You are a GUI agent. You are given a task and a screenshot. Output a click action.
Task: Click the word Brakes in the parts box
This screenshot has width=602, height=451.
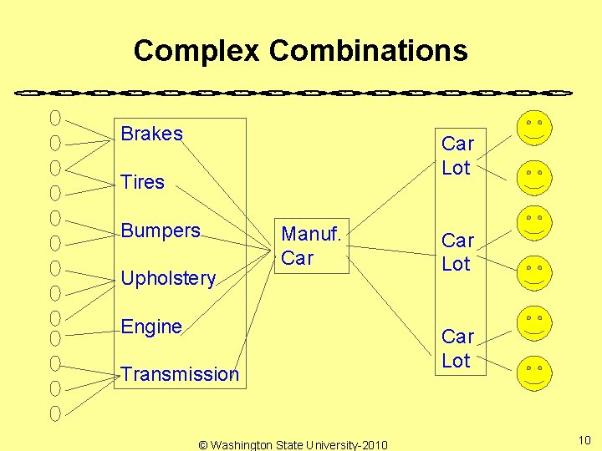point(151,134)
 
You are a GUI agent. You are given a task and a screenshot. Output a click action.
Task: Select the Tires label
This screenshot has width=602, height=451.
point(143,182)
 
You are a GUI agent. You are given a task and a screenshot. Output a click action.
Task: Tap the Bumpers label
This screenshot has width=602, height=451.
point(161,231)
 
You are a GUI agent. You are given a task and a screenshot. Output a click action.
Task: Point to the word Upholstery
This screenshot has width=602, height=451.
point(168,278)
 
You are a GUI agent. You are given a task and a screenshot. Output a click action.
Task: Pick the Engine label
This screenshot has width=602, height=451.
point(151,327)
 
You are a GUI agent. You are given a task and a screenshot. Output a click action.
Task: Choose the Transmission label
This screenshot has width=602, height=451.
point(180,374)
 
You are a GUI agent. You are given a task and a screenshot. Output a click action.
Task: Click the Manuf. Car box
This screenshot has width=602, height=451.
point(311,246)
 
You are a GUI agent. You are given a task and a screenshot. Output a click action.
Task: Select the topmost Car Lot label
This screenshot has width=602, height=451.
point(457,156)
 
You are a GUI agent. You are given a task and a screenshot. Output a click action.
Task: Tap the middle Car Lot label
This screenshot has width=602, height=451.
point(457,252)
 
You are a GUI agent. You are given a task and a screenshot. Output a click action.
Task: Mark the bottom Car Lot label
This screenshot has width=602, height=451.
point(457,348)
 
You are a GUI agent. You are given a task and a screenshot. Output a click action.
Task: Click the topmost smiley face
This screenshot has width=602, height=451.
point(534,127)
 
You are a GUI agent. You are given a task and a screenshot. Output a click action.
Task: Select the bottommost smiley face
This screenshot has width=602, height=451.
point(534,372)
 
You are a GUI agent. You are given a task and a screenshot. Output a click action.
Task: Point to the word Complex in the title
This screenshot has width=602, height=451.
point(196,51)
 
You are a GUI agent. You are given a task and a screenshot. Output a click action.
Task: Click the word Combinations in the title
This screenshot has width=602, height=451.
point(368,51)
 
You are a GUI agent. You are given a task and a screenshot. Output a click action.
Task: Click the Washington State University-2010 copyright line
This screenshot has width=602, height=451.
point(293,444)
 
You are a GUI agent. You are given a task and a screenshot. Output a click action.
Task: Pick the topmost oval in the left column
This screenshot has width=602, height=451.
point(55,118)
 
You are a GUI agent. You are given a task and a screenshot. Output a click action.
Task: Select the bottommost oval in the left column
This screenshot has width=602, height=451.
point(55,413)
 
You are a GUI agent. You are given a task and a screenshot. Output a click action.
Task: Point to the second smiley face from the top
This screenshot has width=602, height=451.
point(534,176)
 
